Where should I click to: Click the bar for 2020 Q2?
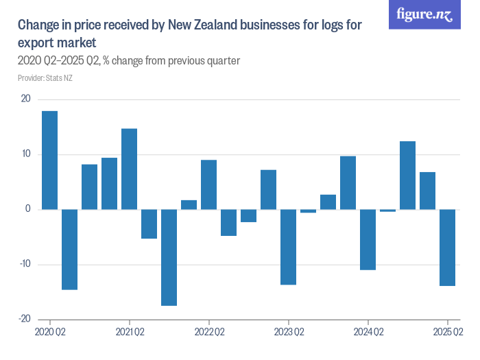[x=49, y=160]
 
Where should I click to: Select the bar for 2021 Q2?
[x=129, y=169]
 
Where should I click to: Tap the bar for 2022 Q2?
[x=208, y=184]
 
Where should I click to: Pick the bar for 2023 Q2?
[x=288, y=247]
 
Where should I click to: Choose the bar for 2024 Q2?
[x=368, y=239]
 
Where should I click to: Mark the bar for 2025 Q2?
[x=447, y=248]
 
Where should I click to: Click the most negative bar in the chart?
[x=169, y=257]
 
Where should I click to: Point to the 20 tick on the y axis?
[x=25, y=99]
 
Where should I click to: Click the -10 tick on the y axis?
[x=24, y=264]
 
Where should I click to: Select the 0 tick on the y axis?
[x=28, y=209]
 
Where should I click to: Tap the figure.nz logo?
[x=424, y=14]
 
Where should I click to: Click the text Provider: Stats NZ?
[x=45, y=78]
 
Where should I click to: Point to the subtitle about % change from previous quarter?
[x=128, y=60]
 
